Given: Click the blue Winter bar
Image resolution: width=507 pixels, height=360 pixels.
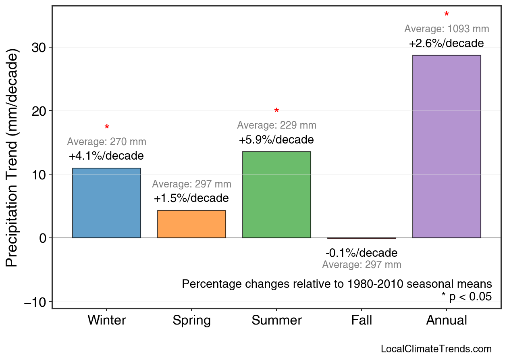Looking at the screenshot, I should [x=106, y=203].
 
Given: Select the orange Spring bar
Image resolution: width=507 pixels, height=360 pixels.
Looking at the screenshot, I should [x=191, y=224].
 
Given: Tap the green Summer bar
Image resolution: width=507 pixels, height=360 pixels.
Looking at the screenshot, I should [x=276, y=195].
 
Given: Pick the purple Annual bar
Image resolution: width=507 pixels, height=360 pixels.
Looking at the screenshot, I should [x=447, y=146].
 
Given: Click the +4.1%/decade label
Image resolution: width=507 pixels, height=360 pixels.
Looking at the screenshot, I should [x=106, y=156].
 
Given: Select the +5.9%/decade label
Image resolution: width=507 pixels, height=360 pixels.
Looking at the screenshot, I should [x=276, y=140].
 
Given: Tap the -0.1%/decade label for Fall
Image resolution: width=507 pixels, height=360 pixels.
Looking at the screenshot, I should [x=362, y=253].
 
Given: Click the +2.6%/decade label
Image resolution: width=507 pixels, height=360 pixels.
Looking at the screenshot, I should [x=446, y=44].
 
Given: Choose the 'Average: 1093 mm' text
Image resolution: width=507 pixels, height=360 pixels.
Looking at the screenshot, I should [x=447, y=29].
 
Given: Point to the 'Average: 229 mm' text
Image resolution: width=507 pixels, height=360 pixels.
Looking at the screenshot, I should [x=276, y=125].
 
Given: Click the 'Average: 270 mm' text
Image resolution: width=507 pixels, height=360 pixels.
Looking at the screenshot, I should [x=106, y=142].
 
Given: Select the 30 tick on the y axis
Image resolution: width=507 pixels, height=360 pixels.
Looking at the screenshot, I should [x=39, y=48].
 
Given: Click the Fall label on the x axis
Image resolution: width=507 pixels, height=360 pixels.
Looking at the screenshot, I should [x=362, y=320].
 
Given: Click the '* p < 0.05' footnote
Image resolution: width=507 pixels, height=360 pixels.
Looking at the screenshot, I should [x=466, y=296].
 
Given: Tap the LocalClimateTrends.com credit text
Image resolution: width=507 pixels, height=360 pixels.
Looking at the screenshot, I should [x=436, y=349].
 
